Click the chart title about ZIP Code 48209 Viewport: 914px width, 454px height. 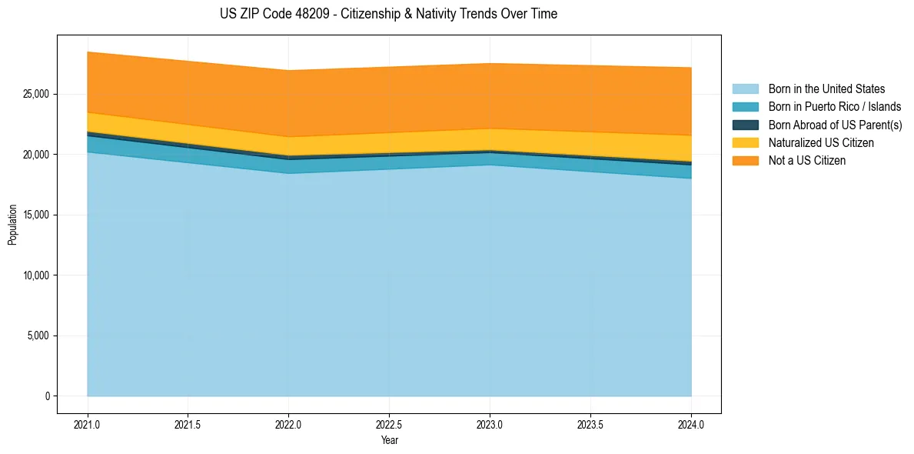(x=388, y=14)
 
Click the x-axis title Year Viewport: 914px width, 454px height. (x=389, y=441)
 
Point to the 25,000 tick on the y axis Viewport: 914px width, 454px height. (x=35, y=94)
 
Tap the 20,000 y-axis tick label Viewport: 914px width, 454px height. (x=35, y=155)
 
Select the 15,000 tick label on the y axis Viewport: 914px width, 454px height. (x=35, y=215)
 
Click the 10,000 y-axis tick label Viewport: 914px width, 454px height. (x=35, y=275)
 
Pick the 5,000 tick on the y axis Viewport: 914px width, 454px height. (x=38, y=335)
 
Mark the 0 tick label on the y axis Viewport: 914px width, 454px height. (x=47, y=396)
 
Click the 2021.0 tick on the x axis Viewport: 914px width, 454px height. (x=88, y=424)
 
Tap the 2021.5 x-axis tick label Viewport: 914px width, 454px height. (x=188, y=424)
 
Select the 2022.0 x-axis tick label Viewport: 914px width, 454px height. (x=288, y=424)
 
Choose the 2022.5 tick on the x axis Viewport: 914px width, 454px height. (x=389, y=424)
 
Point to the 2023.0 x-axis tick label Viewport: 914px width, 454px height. (x=490, y=424)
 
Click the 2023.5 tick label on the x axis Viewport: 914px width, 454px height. (x=590, y=424)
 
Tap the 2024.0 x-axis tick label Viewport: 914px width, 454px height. (x=691, y=424)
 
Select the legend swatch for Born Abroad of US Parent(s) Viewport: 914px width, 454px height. (x=745, y=125)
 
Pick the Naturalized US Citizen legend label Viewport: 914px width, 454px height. (x=821, y=143)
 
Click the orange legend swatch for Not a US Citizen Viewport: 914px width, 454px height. (x=745, y=161)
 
